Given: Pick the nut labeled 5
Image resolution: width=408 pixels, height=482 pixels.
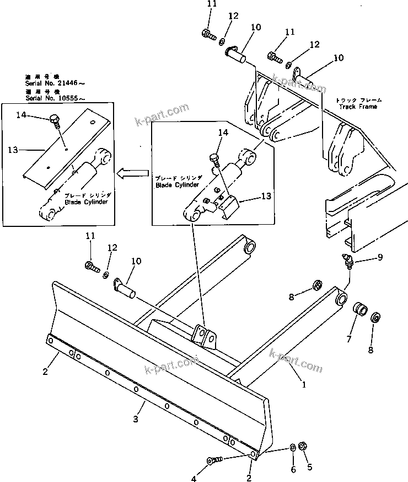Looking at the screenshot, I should click(x=302, y=446).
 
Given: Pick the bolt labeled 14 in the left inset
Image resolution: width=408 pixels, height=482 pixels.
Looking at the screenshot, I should click(x=55, y=119).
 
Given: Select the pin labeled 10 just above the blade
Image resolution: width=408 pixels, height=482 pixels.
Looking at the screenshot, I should click(x=127, y=287).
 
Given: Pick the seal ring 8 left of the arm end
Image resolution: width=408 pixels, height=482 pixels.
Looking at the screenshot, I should click(x=318, y=286).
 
